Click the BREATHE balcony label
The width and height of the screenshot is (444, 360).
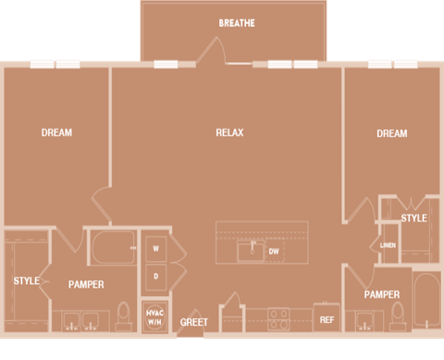(x=237, y=23)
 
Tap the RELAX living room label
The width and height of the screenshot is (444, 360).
(x=229, y=133)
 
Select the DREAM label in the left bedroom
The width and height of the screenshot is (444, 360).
(x=56, y=133)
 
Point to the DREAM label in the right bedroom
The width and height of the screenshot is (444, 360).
(x=391, y=134)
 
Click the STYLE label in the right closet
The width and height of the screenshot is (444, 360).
(x=413, y=218)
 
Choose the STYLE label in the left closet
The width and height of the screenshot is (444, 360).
(x=26, y=280)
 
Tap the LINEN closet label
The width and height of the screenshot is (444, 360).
(x=388, y=245)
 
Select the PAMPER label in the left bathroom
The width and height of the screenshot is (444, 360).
(x=86, y=285)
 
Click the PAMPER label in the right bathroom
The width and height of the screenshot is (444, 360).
(x=381, y=294)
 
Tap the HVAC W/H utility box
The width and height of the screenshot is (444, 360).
(x=154, y=315)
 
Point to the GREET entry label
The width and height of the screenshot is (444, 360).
(x=194, y=323)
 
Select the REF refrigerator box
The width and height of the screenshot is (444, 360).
(x=327, y=319)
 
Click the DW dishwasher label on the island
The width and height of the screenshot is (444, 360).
(x=274, y=251)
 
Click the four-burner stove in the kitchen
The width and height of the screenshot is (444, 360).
(x=277, y=319)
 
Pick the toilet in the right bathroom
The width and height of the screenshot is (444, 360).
(x=398, y=313)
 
